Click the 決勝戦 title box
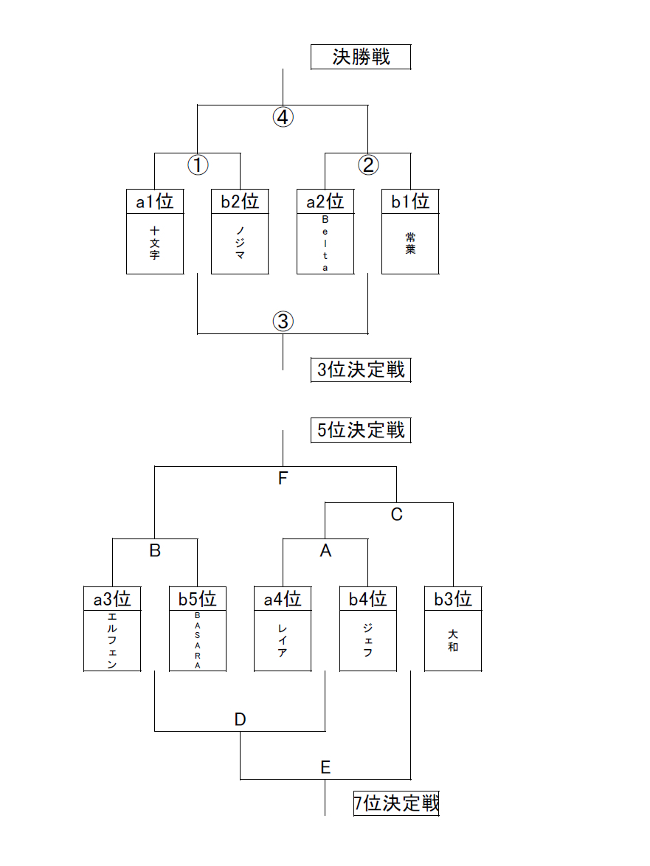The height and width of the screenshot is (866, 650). coord(361,57)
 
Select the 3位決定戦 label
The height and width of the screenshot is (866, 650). coord(361,370)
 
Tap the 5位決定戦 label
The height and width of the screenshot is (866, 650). coord(361,430)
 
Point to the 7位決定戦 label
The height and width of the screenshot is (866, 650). coord(396,803)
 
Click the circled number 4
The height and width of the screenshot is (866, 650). coord(283,117)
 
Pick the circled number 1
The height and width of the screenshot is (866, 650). coord(197,165)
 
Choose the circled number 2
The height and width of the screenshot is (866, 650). coord(368,165)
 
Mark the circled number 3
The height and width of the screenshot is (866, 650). coord(283,321)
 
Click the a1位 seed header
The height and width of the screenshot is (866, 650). coord(154,201)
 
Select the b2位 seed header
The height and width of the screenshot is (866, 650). coord(240,201)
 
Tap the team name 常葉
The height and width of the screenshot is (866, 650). coord(410,243)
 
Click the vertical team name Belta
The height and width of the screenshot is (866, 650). coord(325,243)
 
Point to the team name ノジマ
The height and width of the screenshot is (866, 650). coord(240,243)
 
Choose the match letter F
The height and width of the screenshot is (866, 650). coord(283,478)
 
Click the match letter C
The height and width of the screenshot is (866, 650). coord(396,514)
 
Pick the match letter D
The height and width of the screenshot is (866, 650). coord(240,719)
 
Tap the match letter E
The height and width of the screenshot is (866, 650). coord(325,767)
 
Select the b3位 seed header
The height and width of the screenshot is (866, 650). coord(453,598)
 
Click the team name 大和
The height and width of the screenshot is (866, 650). coord(453,640)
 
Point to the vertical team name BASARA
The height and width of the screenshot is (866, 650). coord(198,640)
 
